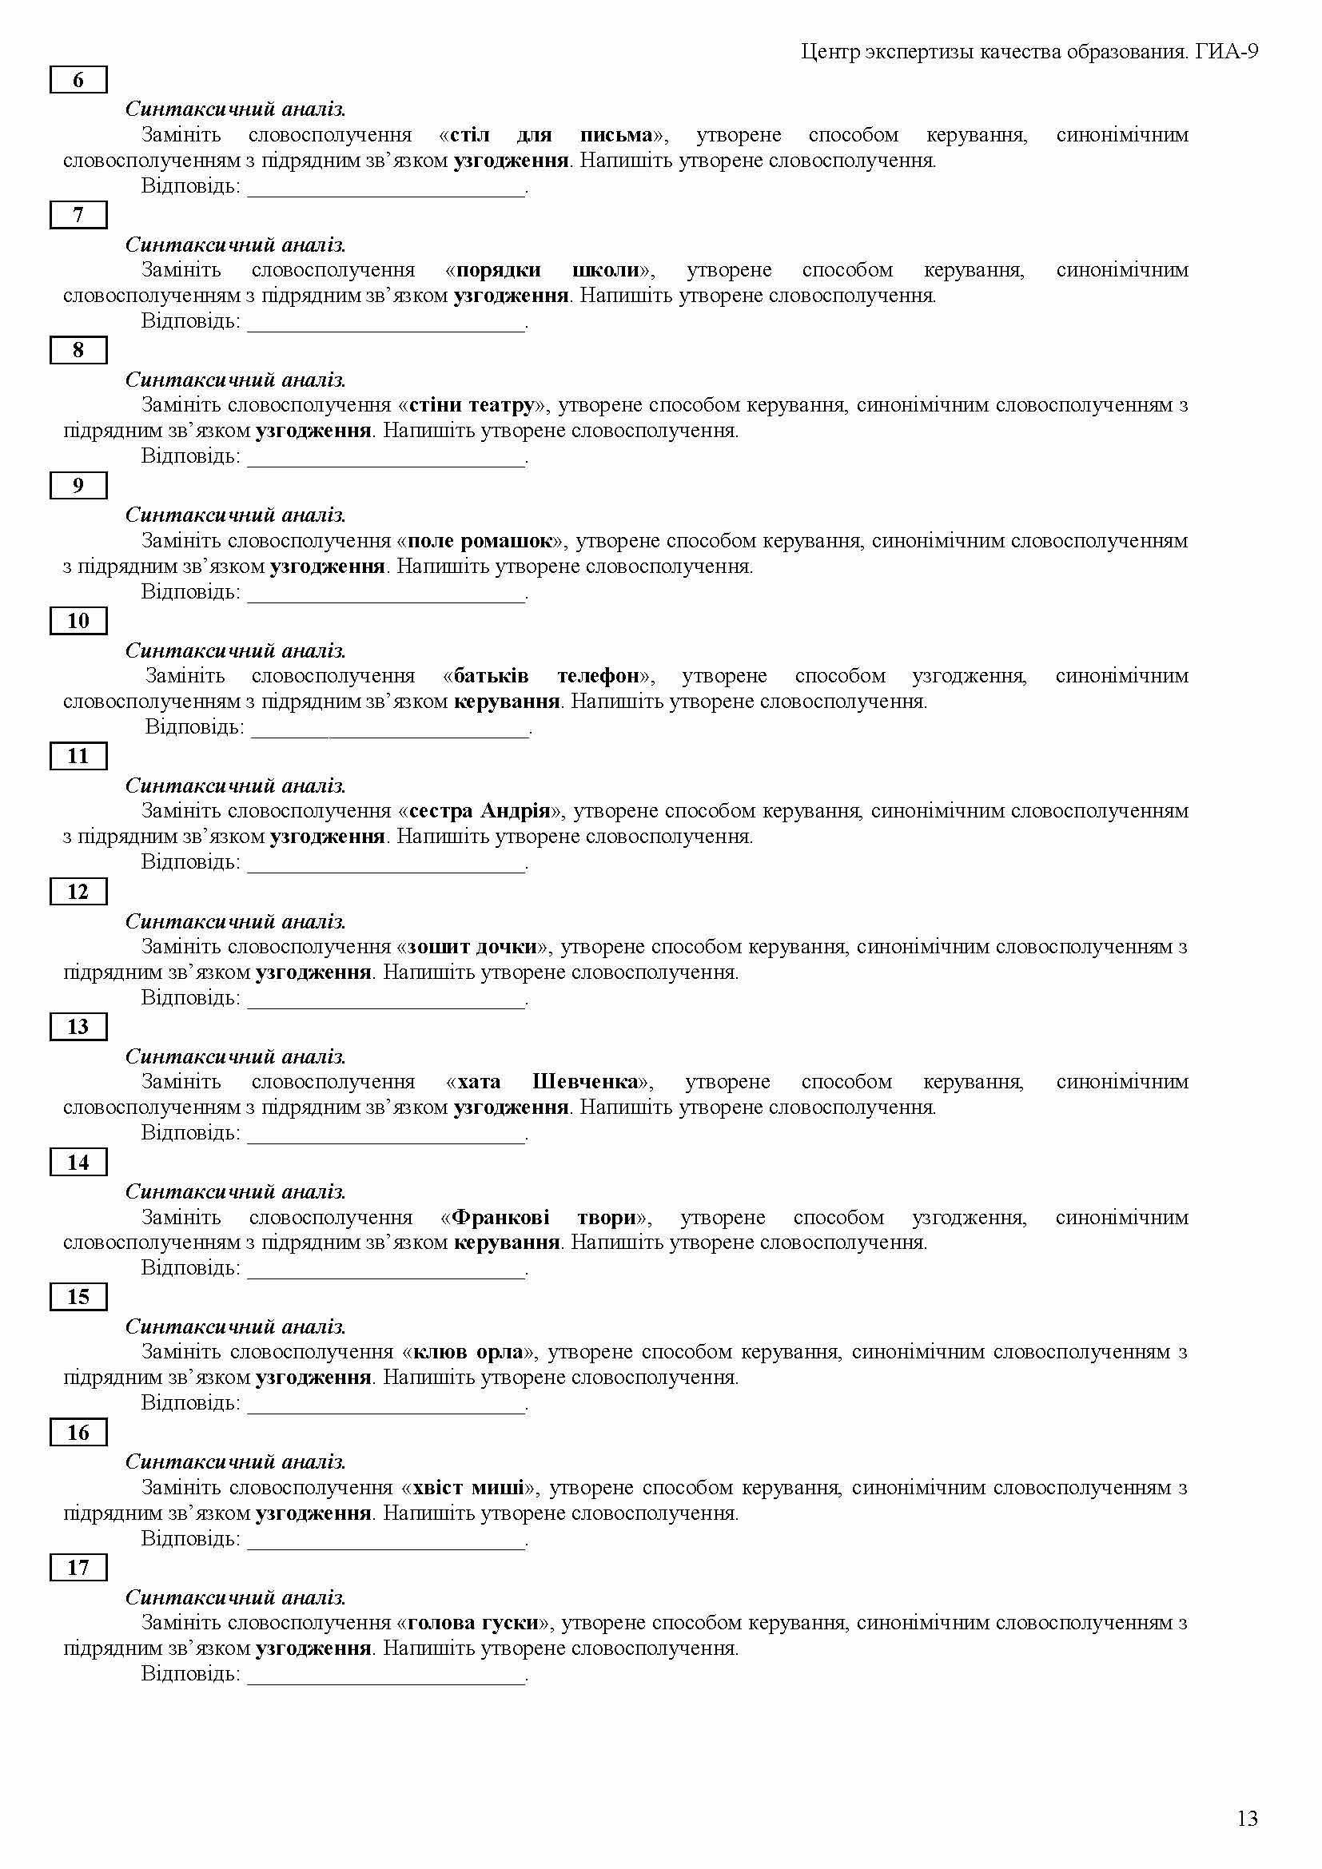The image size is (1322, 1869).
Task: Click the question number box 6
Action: [x=78, y=80]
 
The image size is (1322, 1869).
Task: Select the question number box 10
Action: [x=78, y=621]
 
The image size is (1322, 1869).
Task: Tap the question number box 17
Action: [x=78, y=1568]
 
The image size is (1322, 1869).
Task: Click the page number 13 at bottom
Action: [x=1247, y=1819]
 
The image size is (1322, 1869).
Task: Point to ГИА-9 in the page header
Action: [x=1227, y=52]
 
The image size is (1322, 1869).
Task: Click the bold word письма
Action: [x=616, y=134]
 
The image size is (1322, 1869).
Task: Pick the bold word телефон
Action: [x=598, y=676]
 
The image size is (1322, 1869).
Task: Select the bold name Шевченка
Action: [x=585, y=1082]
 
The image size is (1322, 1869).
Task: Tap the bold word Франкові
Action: [x=500, y=1217]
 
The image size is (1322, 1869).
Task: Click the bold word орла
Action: [x=498, y=1352]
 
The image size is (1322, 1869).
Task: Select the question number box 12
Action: [x=78, y=892]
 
